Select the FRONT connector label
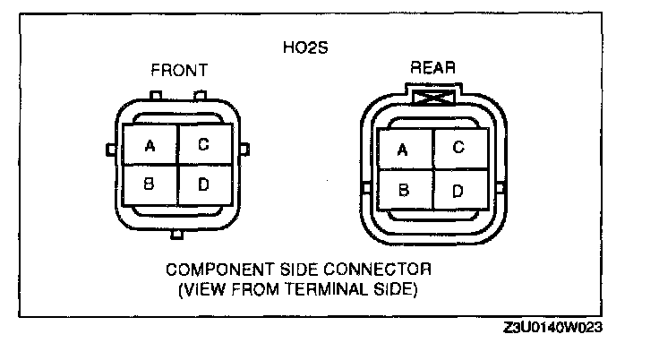click(x=179, y=70)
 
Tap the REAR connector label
click(x=433, y=68)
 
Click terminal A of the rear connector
click(x=403, y=150)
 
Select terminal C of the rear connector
click(x=458, y=149)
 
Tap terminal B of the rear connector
click(x=403, y=190)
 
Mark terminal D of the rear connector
click(x=458, y=190)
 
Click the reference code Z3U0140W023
click(x=552, y=329)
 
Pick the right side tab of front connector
click(x=246, y=148)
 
